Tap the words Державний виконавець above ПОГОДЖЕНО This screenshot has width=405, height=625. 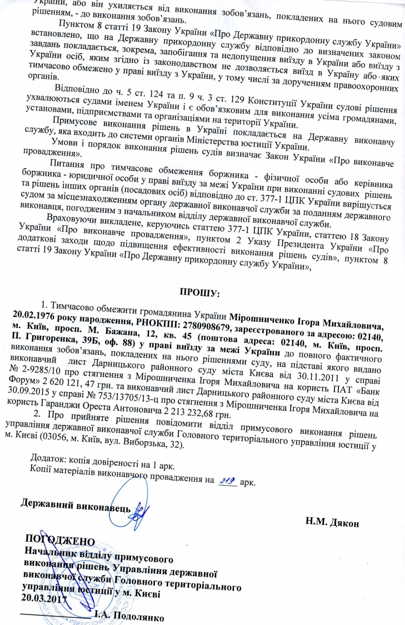click(76, 508)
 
